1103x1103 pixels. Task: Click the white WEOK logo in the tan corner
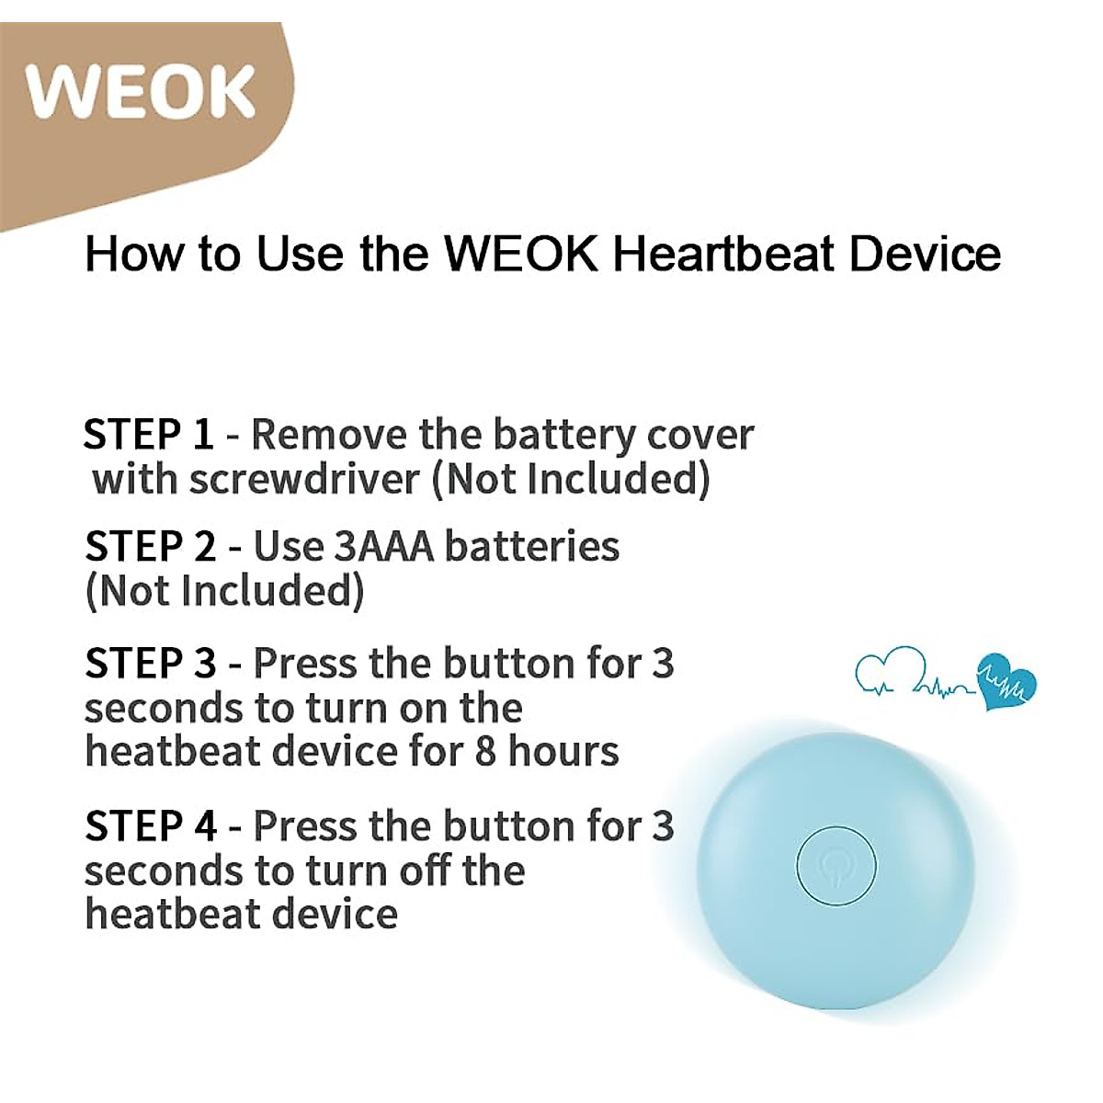coord(141,92)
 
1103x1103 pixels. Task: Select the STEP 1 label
coord(149,435)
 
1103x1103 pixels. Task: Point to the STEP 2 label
coord(151,547)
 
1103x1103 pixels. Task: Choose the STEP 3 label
coord(151,664)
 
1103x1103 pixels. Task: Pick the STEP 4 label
coord(151,826)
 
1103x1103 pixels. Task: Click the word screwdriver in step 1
coord(304,479)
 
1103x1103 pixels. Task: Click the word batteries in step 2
coord(532,547)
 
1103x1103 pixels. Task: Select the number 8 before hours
coord(485,752)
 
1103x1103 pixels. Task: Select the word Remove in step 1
coord(330,435)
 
